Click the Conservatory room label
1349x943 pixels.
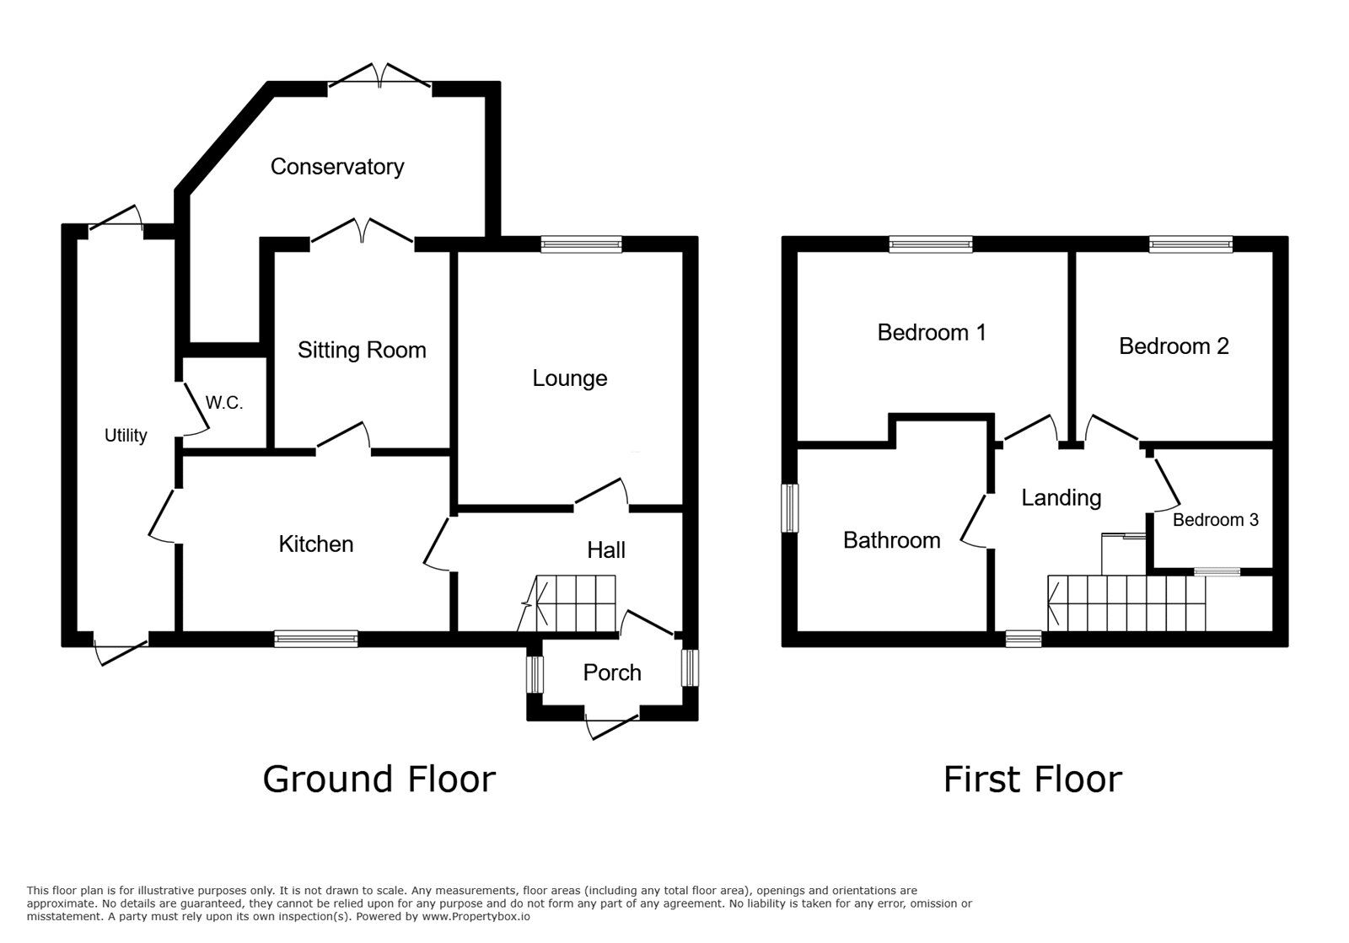(x=336, y=167)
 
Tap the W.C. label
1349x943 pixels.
(x=224, y=403)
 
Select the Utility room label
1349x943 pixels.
(x=126, y=436)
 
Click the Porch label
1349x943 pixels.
(x=612, y=672)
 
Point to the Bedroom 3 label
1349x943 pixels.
(x=1215, y=520)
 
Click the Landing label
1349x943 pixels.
(x=1061, y=498)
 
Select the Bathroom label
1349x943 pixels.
(x=891, y=540)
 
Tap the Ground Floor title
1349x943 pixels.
(x=379, y=780)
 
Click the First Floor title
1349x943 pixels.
(x=1032, y=780)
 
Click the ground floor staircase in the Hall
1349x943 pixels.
(x=573, y=603)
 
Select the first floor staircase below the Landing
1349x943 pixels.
(x=1126, y=603)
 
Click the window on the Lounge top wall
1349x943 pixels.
(x=581, y=244)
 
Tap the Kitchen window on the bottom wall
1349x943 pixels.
(x=315, y=640)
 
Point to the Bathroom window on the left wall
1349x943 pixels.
(x=790, y=507)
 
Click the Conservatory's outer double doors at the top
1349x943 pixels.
(x=379, y=78)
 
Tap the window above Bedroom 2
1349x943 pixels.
(x=1190, y=244)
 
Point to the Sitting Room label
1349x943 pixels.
(x=362, y=351)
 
